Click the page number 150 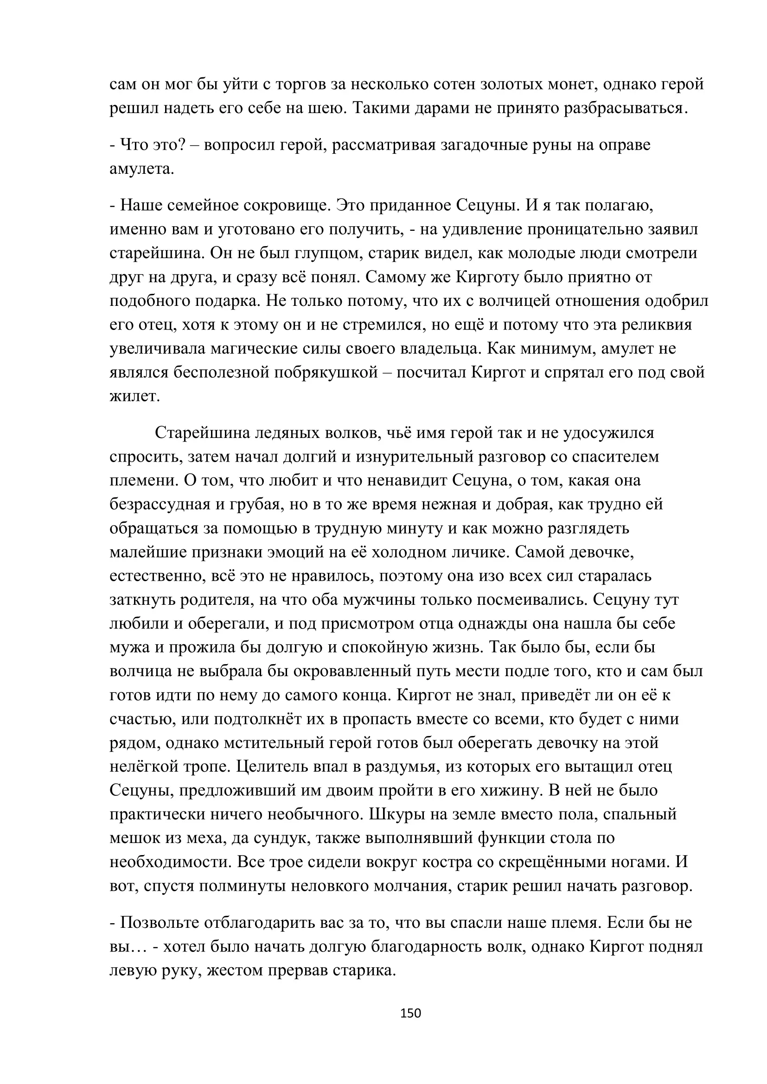pyautogui.click(x=410, y=1013)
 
